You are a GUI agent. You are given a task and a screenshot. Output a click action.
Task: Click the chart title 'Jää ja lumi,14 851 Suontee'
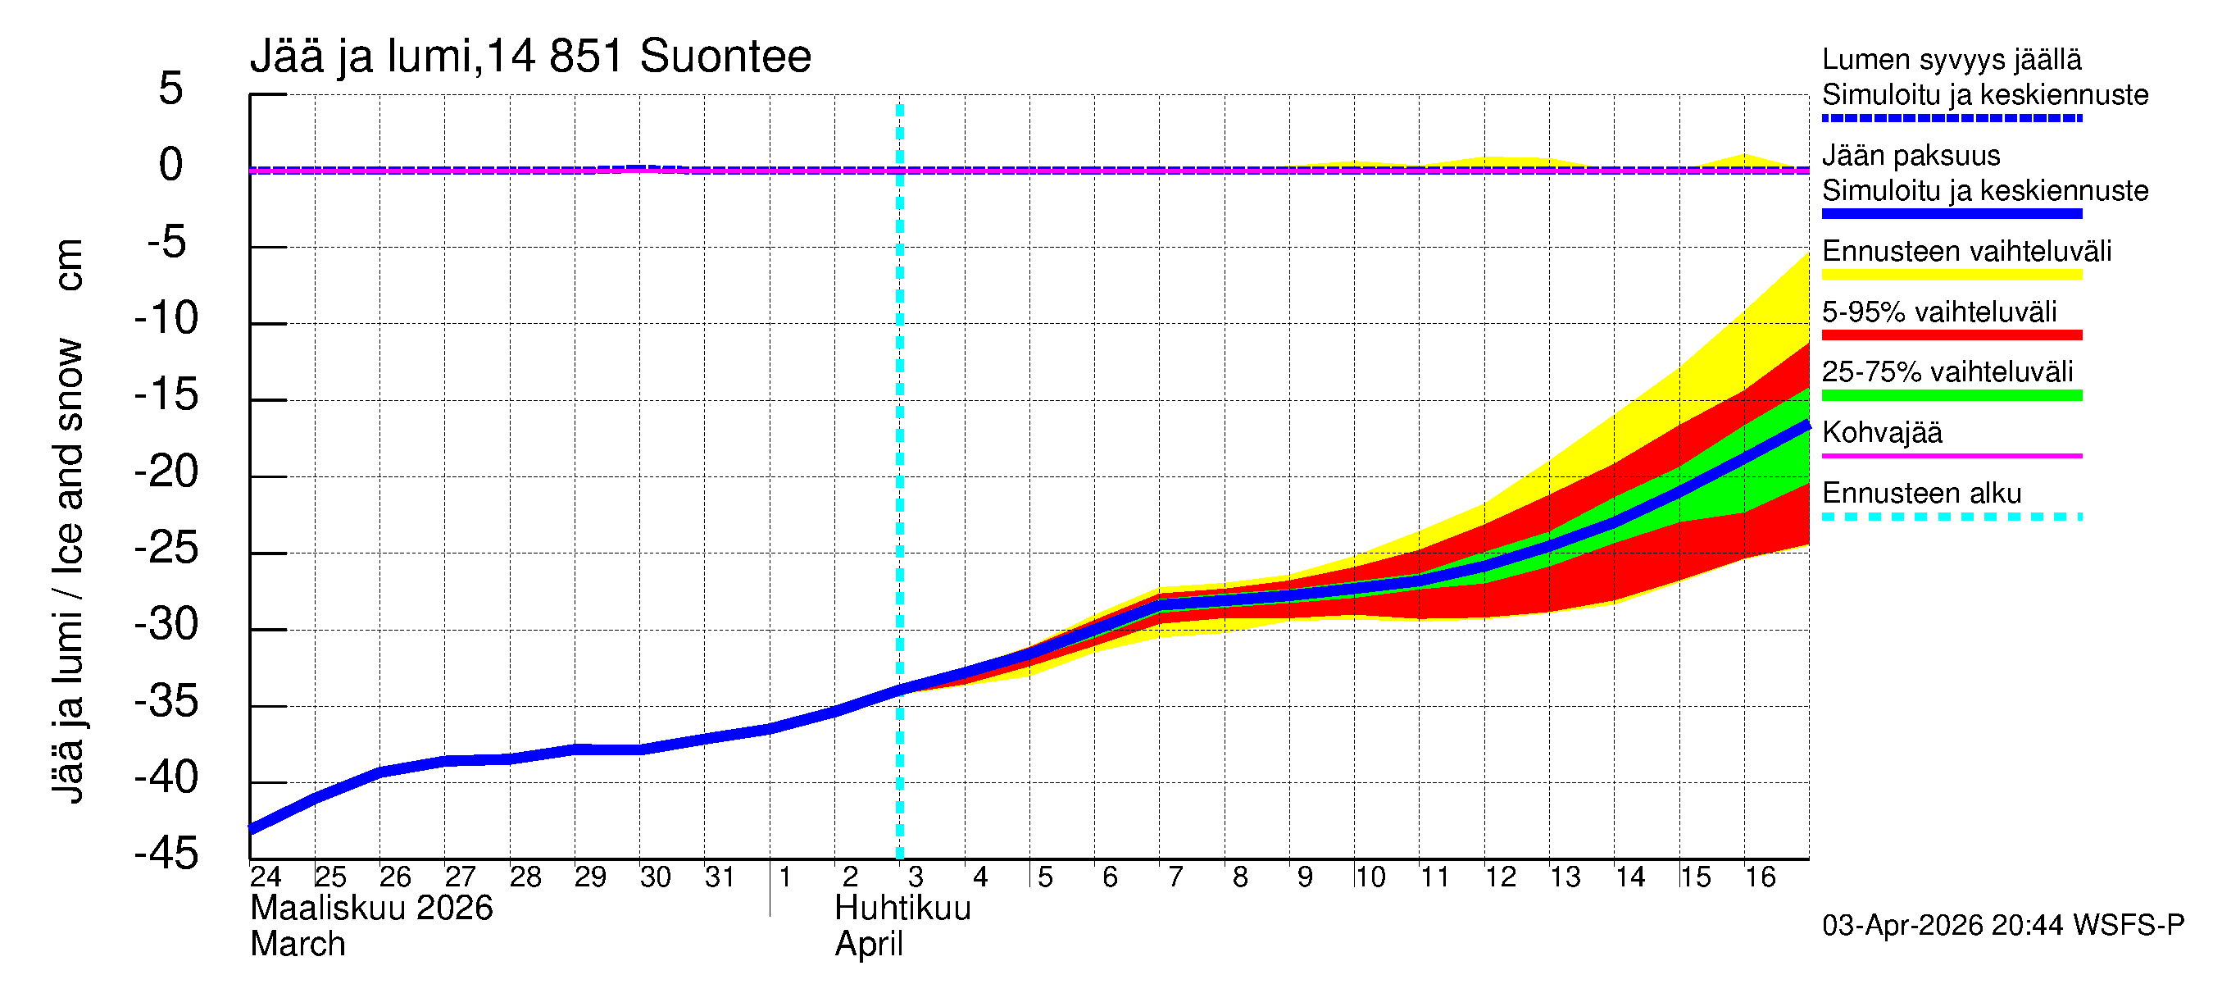coord(530,57)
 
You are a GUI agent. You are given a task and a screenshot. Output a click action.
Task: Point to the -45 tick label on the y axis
coord(166,854)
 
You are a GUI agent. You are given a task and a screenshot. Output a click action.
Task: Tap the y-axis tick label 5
coord(171,89)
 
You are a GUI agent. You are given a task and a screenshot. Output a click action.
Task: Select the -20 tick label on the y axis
coord(166,471)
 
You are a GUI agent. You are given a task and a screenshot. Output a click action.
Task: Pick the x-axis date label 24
coord(266,877)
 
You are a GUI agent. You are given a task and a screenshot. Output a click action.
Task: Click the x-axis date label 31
coord(720,877)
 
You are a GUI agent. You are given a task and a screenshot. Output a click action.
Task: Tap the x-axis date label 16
coord(1761,877)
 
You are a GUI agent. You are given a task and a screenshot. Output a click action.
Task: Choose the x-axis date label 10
coord(1370,877)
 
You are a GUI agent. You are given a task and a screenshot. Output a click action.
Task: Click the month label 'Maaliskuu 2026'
coord(371,909)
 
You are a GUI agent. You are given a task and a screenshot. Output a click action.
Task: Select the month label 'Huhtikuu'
coord(903,909)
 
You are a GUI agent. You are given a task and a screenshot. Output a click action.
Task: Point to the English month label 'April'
coord(869,945)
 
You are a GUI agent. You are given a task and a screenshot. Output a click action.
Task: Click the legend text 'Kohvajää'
coord(1881,432)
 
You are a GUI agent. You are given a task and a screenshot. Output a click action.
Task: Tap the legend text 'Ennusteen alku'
coord(1922,494)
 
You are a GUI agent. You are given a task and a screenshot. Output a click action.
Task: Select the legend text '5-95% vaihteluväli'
coord(1939,312)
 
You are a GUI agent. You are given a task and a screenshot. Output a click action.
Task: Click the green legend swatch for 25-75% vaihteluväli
coord(1951,395)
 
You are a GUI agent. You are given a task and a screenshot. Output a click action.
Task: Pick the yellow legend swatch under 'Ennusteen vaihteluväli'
coord(1951,275)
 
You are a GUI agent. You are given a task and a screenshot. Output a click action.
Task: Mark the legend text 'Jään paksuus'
coord(1911,156)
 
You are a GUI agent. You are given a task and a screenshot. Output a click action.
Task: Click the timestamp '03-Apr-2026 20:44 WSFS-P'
coord(2002,926)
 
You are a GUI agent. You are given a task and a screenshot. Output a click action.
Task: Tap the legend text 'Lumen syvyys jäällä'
coord(1951,59)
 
